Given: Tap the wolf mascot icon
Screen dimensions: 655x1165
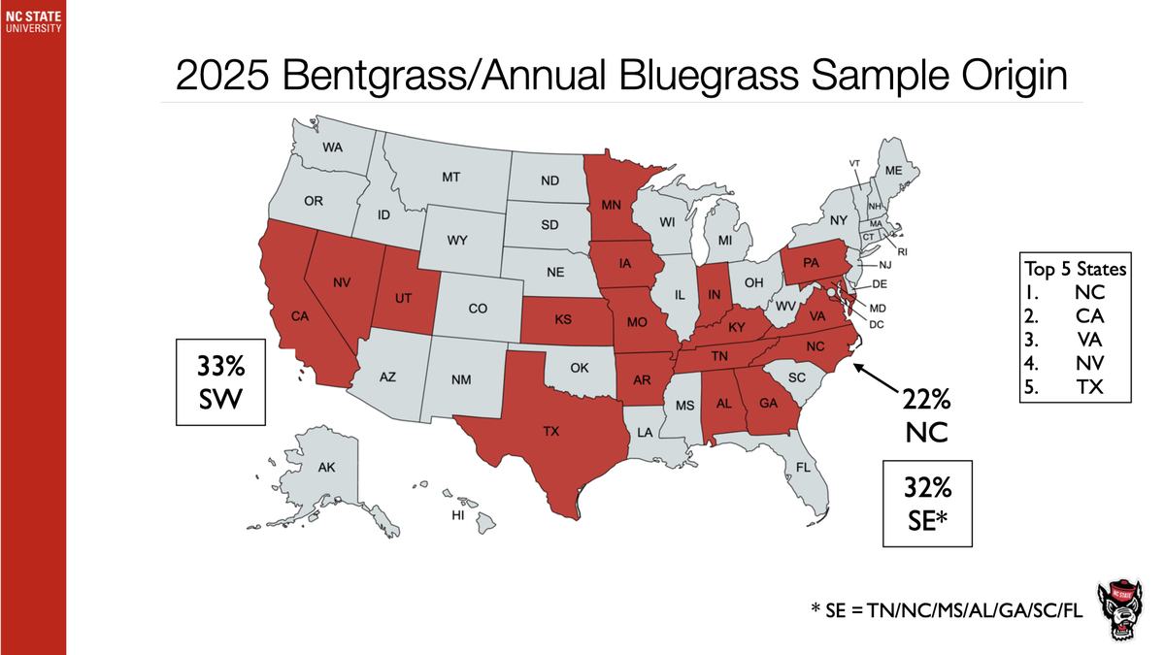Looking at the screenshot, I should [x=1124, y=612].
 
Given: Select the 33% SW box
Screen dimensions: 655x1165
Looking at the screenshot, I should [x=220, y=381].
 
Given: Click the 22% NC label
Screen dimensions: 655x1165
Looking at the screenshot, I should [x=919, y=415].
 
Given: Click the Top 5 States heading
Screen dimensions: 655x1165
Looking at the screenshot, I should [x=1074, y=268].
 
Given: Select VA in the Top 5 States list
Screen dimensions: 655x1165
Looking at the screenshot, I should [x=1089, y=341].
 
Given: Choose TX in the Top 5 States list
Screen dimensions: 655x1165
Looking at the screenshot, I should [x=1089, y=389].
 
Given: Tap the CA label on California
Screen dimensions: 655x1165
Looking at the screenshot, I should [x=300, y=315].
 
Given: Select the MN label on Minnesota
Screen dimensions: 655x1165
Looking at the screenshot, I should [x=612, y=206].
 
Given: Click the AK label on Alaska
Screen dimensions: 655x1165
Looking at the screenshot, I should [x=326, y=468].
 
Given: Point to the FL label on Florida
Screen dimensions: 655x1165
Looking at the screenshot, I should [x=803, y=467].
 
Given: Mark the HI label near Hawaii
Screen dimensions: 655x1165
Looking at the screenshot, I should [x=457, y=516].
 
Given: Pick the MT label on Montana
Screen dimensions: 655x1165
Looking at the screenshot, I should [x=450, y=178].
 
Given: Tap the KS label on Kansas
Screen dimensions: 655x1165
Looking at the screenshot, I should [x=562, y=317].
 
